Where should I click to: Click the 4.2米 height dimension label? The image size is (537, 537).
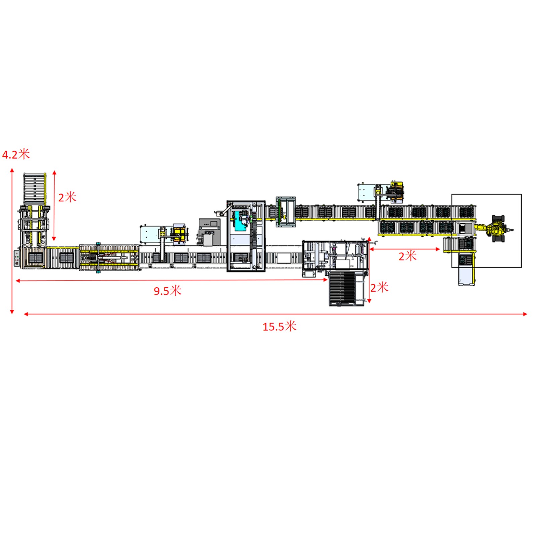click(16, 154)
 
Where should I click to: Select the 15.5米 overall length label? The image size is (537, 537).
click(279, 326)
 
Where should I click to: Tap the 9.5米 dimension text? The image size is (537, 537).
click(167, 291)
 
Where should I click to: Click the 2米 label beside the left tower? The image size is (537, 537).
click(67, 197)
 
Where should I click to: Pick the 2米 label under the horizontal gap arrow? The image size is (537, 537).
click(407, 256)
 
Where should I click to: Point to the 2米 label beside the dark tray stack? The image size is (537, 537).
click(379, 287)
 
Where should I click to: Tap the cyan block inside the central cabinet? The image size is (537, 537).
click(241, 221)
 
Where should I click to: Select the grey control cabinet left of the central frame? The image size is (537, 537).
click(209, 232)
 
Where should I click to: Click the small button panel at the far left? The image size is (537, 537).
click(17, 258)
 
